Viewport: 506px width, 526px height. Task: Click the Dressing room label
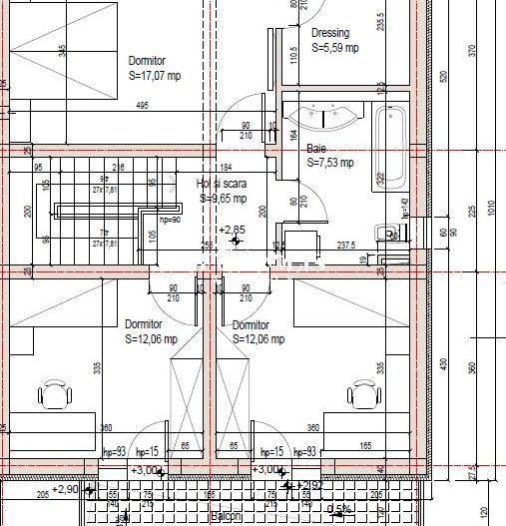point(330,33)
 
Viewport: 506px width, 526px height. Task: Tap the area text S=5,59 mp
point(334,48)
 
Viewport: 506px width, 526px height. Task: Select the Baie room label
point(316,149)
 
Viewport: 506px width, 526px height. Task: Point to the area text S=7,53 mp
point(330,163)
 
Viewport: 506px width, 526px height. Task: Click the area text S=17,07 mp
point(155,75)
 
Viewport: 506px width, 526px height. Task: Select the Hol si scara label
point(222,184)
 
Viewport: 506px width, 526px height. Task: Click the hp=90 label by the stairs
point(169,220)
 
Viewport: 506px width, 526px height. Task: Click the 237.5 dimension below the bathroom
point(346,245)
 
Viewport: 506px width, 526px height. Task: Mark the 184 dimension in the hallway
point(225,167)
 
